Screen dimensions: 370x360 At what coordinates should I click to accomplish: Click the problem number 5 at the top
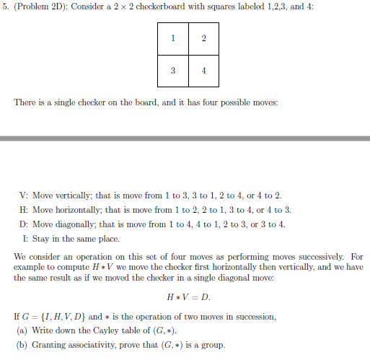point(5,9)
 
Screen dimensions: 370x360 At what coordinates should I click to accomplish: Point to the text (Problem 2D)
point(39,9)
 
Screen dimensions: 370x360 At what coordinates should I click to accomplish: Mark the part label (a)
point(22,330)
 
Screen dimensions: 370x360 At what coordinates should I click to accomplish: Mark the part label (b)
point(22,344)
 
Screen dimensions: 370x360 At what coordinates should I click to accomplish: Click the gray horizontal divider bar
point(185,139)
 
